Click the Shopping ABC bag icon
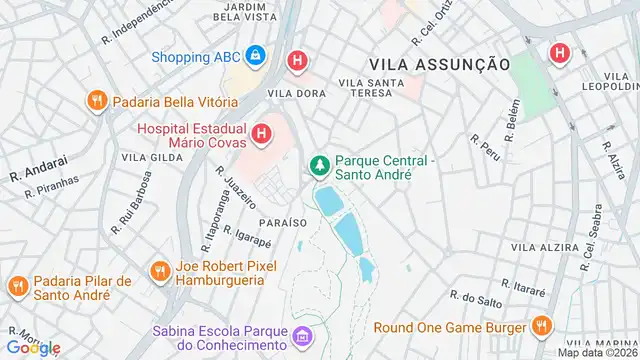[x=255, y=56]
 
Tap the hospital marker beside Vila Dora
[x=297, y=61]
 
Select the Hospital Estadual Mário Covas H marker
[x=261, y=132]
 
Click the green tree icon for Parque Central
[x=320, y=164]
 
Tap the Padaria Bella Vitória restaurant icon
[x=97, y=101]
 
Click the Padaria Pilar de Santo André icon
[x=17, y=287]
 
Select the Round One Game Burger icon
[x=541, y=326]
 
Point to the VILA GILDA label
[x=145, y=157]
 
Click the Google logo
[x=33, y=347]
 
